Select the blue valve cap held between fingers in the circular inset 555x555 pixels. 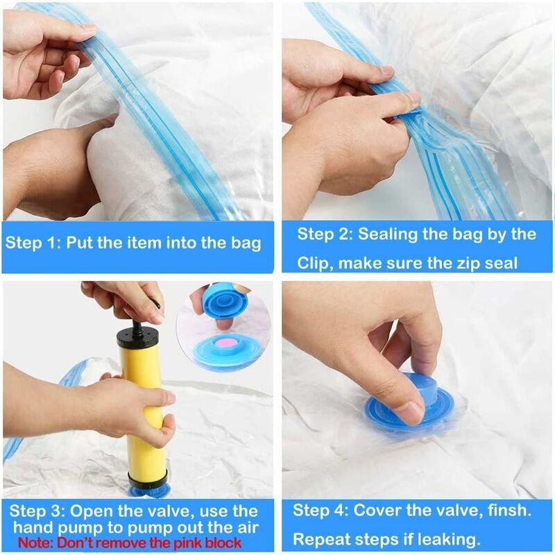tap(225, 301)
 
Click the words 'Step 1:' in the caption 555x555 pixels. tap(33, 243)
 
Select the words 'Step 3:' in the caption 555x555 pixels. tap(37, 511)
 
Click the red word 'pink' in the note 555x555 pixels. tap(189, 543)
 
